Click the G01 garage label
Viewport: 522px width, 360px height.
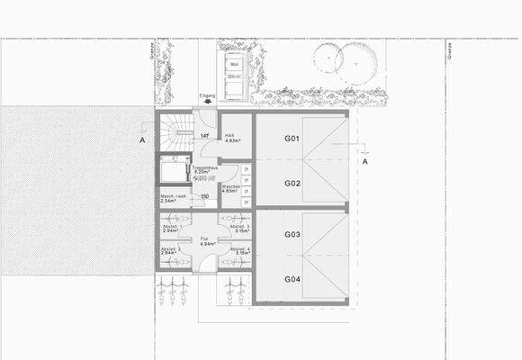[292, 139]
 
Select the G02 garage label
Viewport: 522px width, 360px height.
[292, 183]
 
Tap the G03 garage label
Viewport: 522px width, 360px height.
[292, 235]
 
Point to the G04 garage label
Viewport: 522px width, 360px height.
[292, 279]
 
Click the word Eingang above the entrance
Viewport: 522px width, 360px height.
[207, 94]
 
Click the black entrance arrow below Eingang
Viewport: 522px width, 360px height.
[207, 103]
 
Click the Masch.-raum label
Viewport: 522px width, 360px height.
[174, 198]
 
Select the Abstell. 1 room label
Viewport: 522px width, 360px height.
[171, 229]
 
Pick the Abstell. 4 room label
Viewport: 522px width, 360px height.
[240, 250]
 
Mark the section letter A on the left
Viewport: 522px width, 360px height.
[142, 141]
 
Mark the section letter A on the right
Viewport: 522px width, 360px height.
[364, 162]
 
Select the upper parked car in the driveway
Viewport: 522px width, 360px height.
[235, 65]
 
